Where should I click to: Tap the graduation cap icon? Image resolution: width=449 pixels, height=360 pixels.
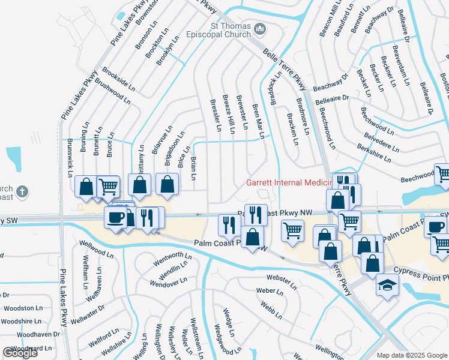[387, 285]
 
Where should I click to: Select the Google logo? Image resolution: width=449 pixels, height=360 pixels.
[20, 353]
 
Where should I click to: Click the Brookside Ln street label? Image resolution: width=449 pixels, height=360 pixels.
[118, 79]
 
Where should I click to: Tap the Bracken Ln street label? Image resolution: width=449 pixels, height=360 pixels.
[292, 130]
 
